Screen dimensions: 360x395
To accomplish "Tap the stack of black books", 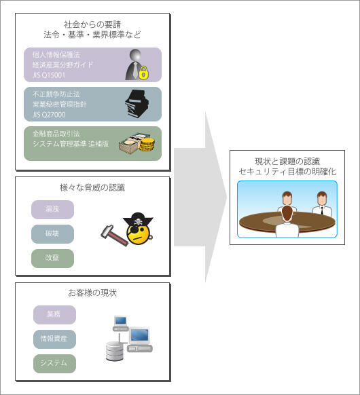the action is tap(137, 104).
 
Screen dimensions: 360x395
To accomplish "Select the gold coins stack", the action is tap(147, 145).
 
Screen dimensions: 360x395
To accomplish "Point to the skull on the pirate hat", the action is tap(138, 222).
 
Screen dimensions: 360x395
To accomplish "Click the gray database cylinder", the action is tap(115, 351).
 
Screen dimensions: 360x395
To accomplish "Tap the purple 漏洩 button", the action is tap(52, 210).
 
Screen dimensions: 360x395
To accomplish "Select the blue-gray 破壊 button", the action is tap(52, 234).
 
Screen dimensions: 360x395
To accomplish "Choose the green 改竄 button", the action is tap(52, 259).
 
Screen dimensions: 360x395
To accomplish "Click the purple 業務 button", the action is tap(54, 315).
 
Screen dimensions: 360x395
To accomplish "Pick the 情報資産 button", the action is tap(54, 339).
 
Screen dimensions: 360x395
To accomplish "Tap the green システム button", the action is tap(54, 364).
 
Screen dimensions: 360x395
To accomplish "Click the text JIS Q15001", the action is tap(49, 75).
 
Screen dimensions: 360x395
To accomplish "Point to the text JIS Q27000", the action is tap(49, 115).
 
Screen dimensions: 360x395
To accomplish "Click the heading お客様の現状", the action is tap(92, 293).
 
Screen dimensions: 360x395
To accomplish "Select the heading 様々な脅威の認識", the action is tap(92, 188).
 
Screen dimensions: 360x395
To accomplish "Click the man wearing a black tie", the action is tap(322, 204).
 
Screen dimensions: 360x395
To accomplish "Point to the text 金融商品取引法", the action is tap(56, 134).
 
